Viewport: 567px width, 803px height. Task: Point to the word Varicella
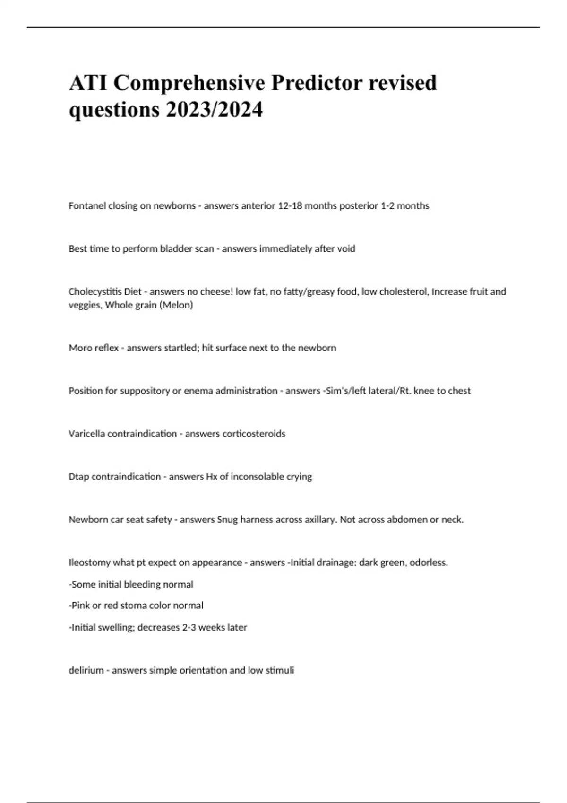coord(87,434)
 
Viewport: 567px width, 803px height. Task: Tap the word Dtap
coord(78,477)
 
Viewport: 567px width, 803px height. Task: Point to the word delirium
coord(86,670)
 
